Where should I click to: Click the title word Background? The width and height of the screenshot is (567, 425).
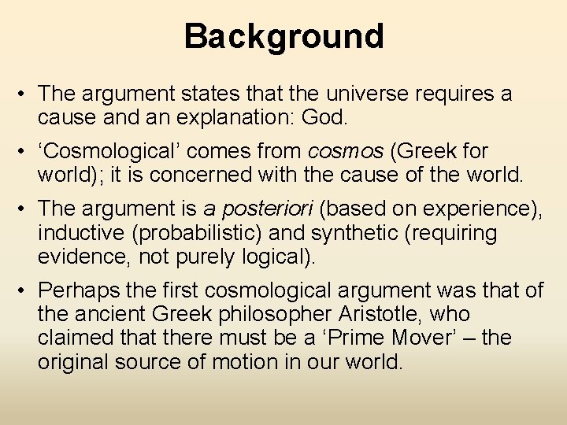(283, 36)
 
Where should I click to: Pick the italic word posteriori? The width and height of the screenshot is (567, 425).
(269, 209)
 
